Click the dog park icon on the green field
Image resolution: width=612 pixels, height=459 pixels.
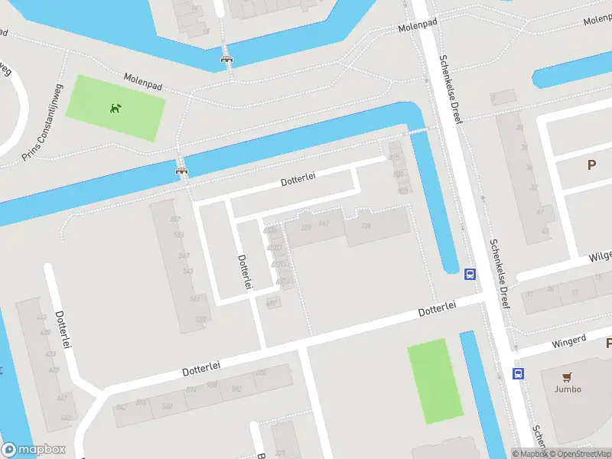tap(116, 108)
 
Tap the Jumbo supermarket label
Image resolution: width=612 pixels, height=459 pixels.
tap(568, 389)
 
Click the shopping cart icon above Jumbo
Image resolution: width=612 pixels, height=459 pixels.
tap(567, 376)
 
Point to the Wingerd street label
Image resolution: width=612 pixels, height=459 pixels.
tap(568, 339)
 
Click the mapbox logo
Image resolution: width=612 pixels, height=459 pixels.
tap(34, 450)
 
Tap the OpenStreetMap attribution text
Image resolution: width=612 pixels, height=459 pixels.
tap(578, 454)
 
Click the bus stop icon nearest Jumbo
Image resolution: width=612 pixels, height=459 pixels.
tap(518, 373)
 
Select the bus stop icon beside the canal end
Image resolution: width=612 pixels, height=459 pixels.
tap(470, 275)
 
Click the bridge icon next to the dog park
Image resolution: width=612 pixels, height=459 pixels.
tap(182, 170)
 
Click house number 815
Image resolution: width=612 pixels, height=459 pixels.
tap(394, 157)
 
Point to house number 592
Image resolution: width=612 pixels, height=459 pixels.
tap(236, 389)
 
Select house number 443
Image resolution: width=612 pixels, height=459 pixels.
tap(41, 317)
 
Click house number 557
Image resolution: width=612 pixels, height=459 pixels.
tap(178, 220)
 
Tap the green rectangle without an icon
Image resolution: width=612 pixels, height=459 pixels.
tap(435, 380)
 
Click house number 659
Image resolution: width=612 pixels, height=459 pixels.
tap(307, 227)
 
